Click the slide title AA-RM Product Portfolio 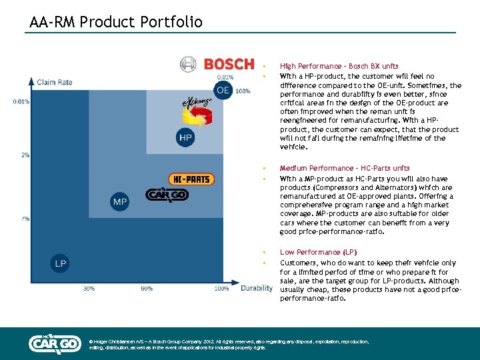(115, 22)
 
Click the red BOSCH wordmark (229, 64)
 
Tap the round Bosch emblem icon (189, 64)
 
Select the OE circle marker (223, 90)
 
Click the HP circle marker (186, 138)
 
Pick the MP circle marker (119, 201)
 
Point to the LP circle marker (60, 264)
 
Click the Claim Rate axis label (55, 82)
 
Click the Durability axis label (256, 288)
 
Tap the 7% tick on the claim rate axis (25, 219)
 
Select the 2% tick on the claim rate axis (25, 155)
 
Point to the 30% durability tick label (89, 289)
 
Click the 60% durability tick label (147, 289)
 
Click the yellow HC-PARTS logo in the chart (191, 179)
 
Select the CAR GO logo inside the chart (167, 195)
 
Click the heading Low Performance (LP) (318, 252)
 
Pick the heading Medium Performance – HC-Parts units (345, 168)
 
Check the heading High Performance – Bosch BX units (339, 66)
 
